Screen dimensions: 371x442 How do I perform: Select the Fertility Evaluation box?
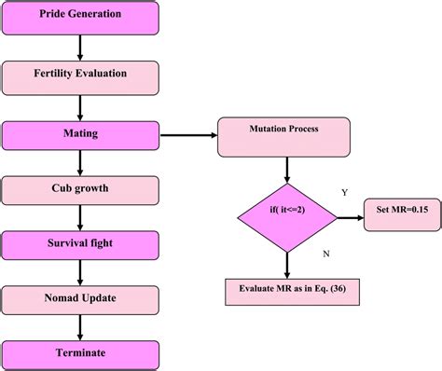coord(80,74)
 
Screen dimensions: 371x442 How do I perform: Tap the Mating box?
coord(80,134)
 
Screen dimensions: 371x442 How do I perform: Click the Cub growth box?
coord(80,188)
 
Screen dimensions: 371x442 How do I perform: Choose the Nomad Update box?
coord(80,299)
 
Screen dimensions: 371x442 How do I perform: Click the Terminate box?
coord(80,352)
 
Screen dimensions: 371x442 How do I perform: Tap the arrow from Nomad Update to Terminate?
coord(80,326)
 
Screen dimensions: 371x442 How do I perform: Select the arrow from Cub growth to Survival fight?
coord(80,216)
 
